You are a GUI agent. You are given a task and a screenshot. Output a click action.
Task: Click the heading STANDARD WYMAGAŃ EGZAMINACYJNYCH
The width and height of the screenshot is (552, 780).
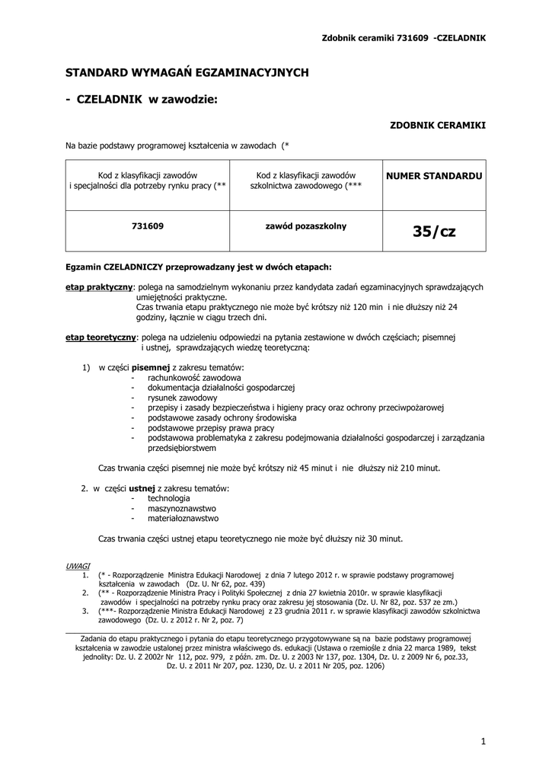(x=187, y=72)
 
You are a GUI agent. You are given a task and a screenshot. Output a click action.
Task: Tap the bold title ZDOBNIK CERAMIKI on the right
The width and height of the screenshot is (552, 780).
(x=438, y=124)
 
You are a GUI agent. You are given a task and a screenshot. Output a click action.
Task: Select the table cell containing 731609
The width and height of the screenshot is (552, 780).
(x=148, y=226)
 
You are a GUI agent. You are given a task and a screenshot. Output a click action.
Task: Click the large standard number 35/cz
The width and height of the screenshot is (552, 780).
(x=434, y=231)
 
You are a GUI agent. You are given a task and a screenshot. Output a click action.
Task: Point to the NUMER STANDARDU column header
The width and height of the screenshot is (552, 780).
(x=434, y=176)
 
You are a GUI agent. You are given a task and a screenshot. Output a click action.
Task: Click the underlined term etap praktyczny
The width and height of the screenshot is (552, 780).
(x=100, y=287)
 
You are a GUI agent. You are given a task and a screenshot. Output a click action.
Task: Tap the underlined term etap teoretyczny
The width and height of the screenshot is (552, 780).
(x=101, y=336)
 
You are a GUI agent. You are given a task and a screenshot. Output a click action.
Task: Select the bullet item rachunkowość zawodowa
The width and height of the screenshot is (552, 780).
(x=194, y=378)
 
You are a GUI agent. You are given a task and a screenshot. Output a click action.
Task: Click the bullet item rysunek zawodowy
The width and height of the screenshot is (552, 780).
(x=183, y=398)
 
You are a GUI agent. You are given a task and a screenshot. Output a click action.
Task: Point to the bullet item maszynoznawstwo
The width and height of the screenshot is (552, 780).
(x=182, y=508)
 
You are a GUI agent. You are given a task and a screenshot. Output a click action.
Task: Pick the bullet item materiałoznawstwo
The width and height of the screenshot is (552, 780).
(x=183, y=518)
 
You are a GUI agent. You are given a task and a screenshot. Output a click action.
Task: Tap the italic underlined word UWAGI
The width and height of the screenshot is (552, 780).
(x=78, y=567)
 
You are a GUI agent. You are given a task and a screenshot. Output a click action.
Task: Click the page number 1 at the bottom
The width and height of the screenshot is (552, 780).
(x=483, y=741)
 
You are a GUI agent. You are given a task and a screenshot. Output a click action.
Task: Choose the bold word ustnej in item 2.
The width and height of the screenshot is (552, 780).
(x=142, y=488)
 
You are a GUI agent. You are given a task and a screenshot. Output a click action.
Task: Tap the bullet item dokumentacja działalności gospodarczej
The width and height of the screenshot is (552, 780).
(x=221, y=388)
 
